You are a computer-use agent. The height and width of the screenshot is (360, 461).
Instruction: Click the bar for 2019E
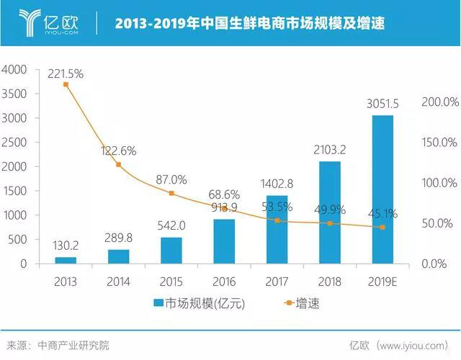[x=382, y=189]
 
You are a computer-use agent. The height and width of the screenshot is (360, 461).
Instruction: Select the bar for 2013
[x=66, y=260]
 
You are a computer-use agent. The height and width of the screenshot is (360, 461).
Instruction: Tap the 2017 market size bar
[x=277, y=229]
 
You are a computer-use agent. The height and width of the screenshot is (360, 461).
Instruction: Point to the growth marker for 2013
[x=66, y=85]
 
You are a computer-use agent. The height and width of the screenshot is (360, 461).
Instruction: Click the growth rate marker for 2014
[x=118, y=165]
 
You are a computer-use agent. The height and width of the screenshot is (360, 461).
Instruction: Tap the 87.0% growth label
[x=171, y=180]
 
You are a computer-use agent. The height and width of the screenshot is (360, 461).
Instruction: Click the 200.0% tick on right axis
[x=440, y=102]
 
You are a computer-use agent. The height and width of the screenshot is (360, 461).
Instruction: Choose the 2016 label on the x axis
[x=224, y=279]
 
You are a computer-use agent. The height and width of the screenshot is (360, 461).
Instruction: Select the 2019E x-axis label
[x=382, y=279]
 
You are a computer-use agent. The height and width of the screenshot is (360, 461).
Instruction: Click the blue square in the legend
[x=157, y=304]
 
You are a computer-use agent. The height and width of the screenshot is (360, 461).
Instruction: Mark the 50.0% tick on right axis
[x=440, y=223]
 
